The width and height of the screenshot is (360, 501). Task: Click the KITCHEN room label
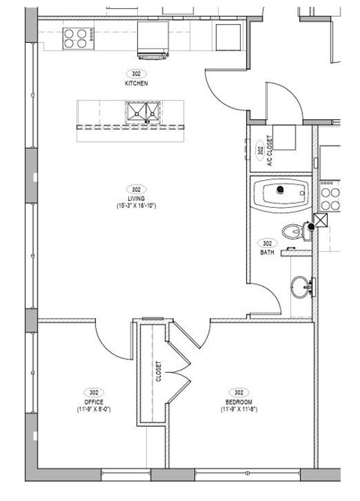pos(136,83)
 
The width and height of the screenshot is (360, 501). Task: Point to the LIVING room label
pos(136,198)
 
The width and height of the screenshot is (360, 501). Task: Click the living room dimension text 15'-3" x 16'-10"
pos(136,205)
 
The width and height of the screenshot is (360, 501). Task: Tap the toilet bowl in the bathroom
pos(295,232)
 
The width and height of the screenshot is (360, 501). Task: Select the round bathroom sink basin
pos(302,286)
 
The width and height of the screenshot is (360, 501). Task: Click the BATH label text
pos(266,253)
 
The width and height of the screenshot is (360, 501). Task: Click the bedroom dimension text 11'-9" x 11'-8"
pos(239,409)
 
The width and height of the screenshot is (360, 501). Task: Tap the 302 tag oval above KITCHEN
pos(136,73)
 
